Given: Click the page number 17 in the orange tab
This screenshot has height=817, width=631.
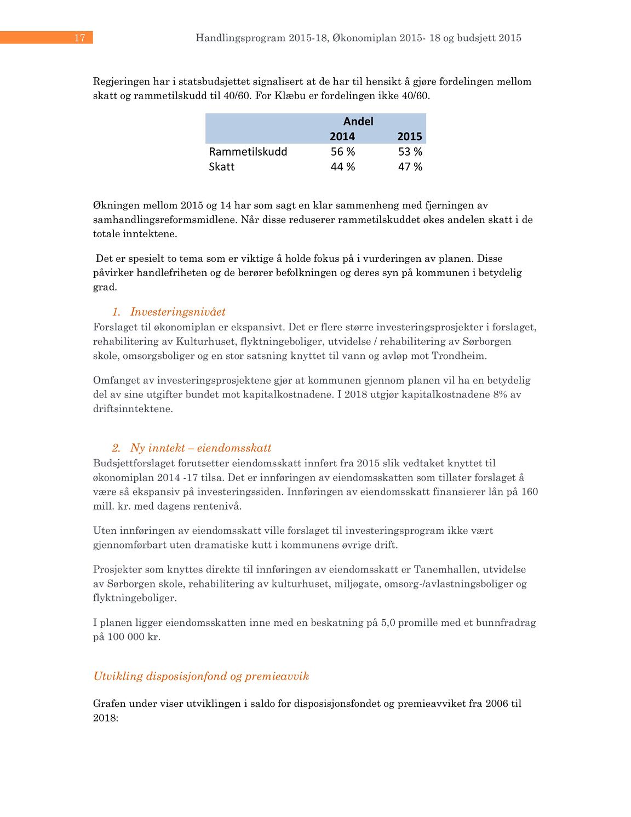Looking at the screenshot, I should click(80, 38).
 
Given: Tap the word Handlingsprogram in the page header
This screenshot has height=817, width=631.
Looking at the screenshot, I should click(240, 38).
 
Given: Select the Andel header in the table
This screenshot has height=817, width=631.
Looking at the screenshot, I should click(358, 121).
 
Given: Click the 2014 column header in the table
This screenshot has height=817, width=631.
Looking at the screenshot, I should click(342, 136).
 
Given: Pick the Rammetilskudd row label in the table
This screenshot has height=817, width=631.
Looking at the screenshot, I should click(248, 152).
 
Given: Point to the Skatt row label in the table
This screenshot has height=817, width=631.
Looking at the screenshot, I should click(222, 167).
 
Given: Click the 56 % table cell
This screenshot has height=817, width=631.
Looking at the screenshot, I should click(343, 152).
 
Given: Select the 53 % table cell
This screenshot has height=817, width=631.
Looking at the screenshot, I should click(410, 152).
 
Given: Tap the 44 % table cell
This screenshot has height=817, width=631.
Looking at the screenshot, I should click(343, 167).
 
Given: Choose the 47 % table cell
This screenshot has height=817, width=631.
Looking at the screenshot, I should click(410, 167).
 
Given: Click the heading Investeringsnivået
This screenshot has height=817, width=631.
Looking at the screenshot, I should click(177, 312).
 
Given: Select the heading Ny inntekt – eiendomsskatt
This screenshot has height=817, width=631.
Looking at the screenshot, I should click(200, 448).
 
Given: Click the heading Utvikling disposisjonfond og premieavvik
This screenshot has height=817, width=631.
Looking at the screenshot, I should click(201, 676).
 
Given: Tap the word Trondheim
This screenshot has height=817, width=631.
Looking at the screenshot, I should click(458, 356).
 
